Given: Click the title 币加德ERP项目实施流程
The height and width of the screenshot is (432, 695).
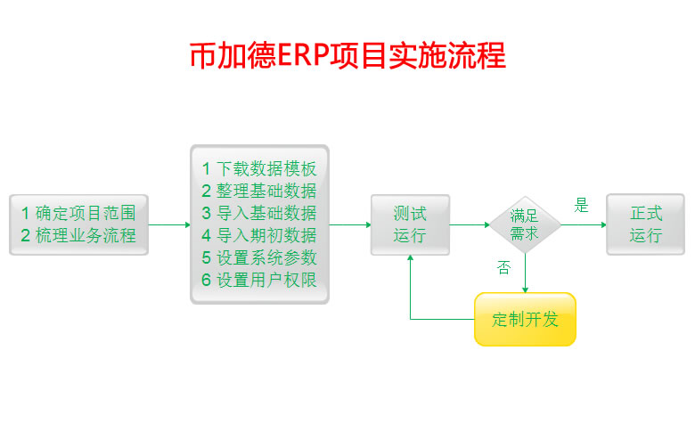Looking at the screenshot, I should pos(347,55).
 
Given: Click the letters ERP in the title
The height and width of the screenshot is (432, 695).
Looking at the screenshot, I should pos(303,55).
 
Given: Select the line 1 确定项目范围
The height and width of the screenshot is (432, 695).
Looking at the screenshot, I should pos(78,213).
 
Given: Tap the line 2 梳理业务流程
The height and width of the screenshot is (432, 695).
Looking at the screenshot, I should pos(78,236).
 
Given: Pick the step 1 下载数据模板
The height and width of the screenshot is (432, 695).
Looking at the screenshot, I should pos(258,168).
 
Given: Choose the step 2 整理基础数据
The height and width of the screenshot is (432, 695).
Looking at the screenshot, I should pos(258,191).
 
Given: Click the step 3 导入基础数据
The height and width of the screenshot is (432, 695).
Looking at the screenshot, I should pos(258,213).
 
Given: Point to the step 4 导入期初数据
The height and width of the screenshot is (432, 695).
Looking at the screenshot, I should pos(258,236).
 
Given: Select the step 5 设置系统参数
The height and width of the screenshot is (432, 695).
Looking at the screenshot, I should pos(258,258).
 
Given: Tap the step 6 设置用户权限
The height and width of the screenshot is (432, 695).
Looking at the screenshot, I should pos(258,281).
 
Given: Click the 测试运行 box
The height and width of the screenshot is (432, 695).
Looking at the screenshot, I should pos(410,224).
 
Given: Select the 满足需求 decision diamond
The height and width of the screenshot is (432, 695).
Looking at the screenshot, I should pos(524,224).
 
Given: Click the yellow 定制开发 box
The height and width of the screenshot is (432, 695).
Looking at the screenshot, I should pos(525,319).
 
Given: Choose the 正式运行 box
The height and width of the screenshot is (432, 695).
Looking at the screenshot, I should pos(646,224).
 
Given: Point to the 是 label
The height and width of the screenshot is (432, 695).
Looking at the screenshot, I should pos(582,206).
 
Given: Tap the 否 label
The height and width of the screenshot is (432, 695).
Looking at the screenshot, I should pos(504,268).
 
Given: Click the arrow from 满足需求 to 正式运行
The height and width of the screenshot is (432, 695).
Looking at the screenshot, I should pos(584,224).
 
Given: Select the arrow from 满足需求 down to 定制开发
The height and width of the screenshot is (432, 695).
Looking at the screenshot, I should pos(525,273).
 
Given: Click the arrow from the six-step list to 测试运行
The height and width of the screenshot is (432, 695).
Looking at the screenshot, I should pos(350,224).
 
